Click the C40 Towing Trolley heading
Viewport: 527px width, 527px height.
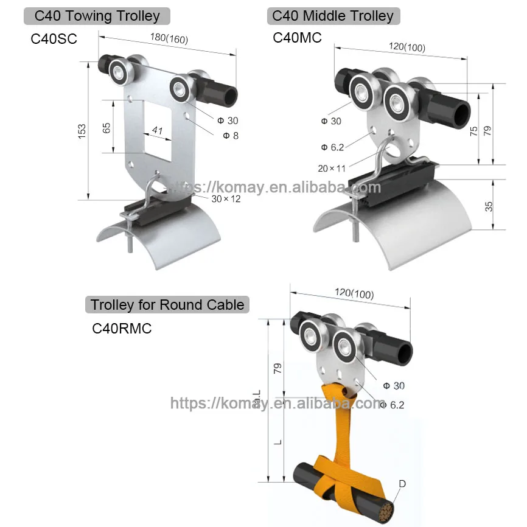[97, 16]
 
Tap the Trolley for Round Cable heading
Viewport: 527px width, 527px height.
[167, 304]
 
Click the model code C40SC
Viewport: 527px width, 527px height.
[55, 39]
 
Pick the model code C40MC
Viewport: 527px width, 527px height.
[296, 38]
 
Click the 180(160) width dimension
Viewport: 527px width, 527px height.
[169, 38]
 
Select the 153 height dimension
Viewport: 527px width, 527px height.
[82, 130]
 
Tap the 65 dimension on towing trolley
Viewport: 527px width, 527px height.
[106, 128]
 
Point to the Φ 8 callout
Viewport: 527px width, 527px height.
[231, 136]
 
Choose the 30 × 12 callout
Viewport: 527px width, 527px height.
[226, 198]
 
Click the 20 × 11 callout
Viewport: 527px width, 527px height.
[332, 168]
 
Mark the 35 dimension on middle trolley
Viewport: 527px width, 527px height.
[489, 206]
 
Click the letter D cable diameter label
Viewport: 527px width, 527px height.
[402, 484]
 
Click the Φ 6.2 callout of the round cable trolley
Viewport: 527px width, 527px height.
[392, 405]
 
